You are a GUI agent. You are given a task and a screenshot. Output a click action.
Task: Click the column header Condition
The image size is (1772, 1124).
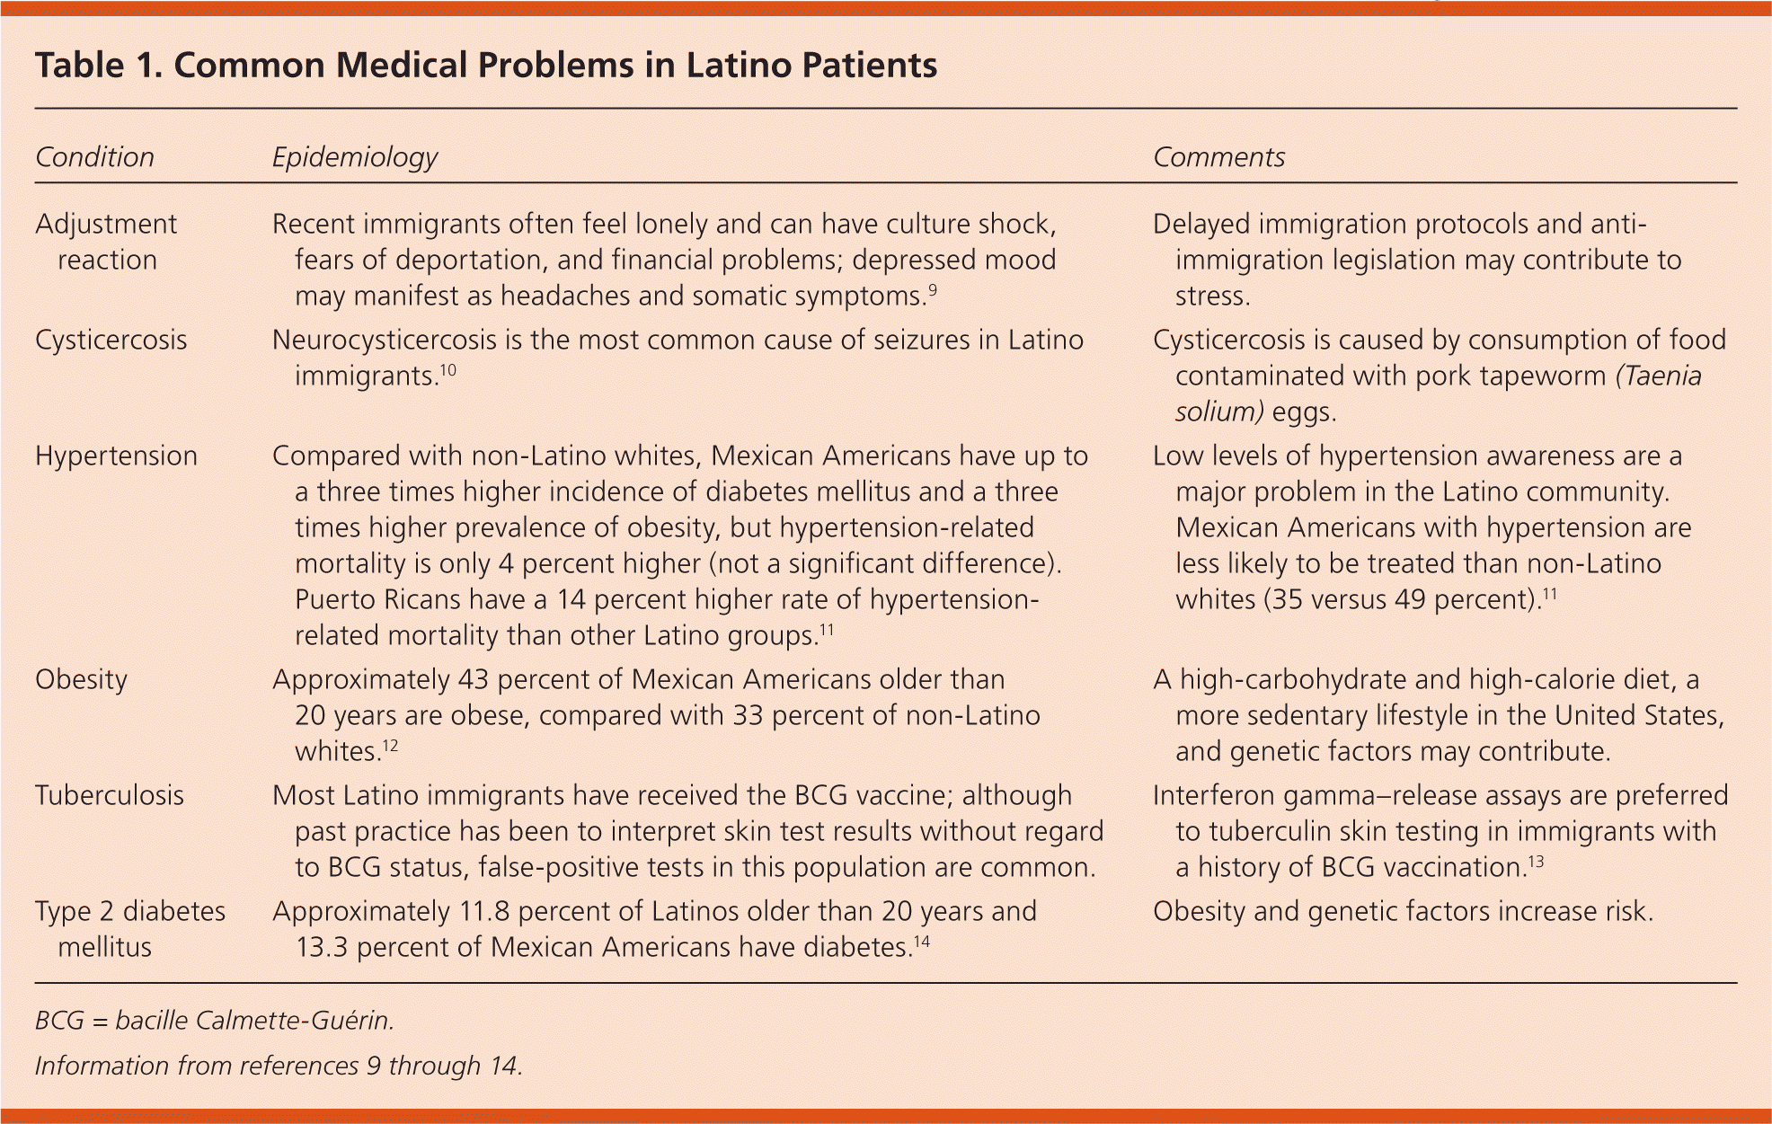94,157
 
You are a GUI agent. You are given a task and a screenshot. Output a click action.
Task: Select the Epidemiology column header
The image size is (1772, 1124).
354,157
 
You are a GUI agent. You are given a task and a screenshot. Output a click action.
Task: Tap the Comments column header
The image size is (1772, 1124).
1218,157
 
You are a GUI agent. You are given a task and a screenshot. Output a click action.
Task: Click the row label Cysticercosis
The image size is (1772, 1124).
111,340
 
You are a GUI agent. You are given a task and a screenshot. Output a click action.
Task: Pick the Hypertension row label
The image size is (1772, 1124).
116,456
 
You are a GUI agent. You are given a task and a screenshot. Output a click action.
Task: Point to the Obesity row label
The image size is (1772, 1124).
81,679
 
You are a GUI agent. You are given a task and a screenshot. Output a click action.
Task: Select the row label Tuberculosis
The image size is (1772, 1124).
110,795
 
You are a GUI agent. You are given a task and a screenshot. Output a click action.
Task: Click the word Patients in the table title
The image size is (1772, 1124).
868,66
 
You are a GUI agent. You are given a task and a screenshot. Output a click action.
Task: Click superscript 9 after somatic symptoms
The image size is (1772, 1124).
933,289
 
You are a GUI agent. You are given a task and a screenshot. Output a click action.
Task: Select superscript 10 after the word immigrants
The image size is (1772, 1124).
448,369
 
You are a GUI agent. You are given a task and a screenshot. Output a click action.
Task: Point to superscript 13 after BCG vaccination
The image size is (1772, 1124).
1536,861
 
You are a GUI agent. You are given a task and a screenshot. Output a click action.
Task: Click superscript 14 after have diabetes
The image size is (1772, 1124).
922,941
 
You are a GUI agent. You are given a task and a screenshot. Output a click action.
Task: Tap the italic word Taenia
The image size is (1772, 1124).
1659,376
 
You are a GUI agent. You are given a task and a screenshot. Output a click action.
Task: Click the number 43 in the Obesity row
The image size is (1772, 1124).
473,679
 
